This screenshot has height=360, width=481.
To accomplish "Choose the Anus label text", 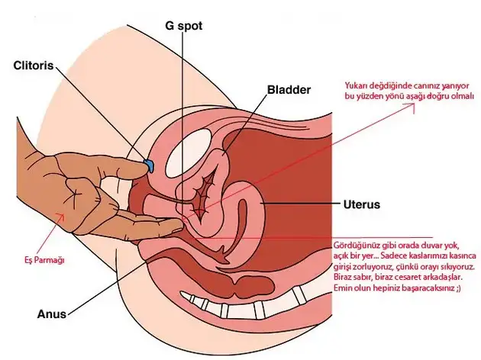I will (x=52, y=313).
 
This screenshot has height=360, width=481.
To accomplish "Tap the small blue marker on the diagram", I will (x=150, y=165).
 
